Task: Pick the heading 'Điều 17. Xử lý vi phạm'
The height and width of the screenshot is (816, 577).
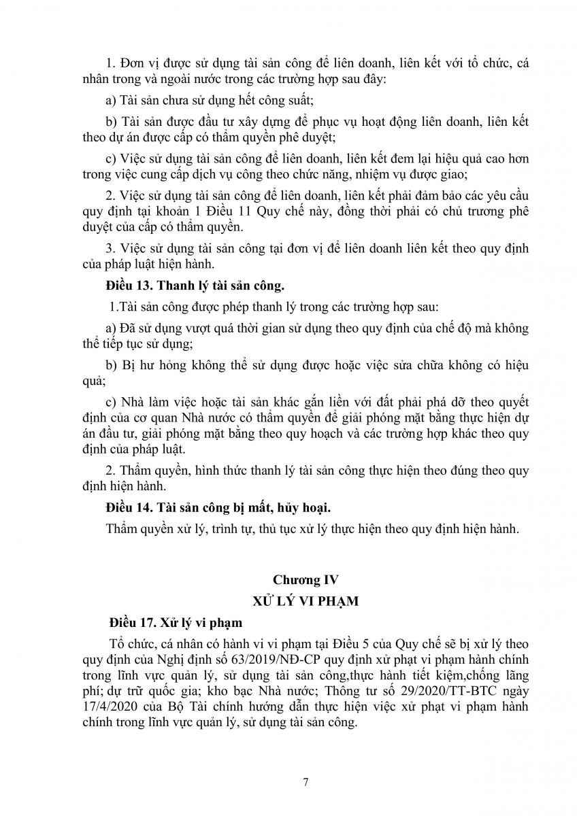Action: (176, 622)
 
